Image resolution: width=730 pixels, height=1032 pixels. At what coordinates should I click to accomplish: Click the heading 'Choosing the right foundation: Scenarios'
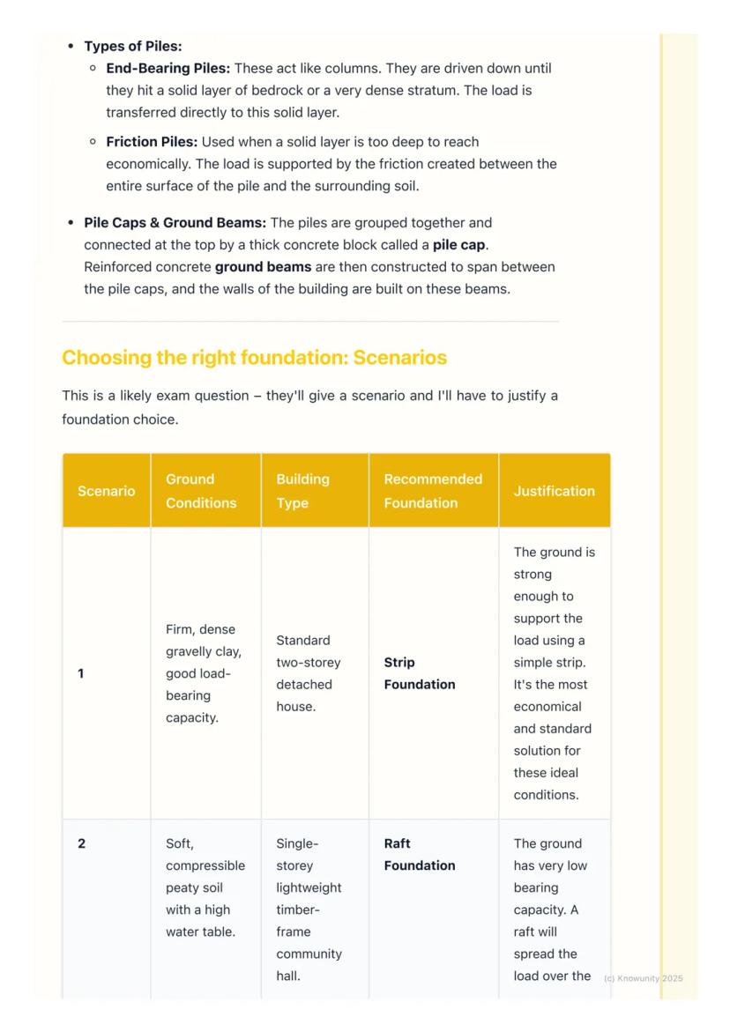coord(254,358)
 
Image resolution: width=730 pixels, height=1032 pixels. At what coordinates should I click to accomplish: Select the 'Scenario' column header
coord(106,491)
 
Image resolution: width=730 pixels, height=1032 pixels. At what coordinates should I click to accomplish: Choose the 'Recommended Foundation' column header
coord(433,491)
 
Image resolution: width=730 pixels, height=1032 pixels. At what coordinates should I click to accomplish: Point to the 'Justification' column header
coord(554,491)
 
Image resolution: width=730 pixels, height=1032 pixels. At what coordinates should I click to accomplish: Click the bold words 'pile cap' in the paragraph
coord(459,245)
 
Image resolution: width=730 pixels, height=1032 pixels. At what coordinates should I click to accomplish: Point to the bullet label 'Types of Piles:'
coord(133,46)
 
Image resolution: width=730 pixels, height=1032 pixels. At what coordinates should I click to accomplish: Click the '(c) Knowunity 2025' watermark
coord(643,978)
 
